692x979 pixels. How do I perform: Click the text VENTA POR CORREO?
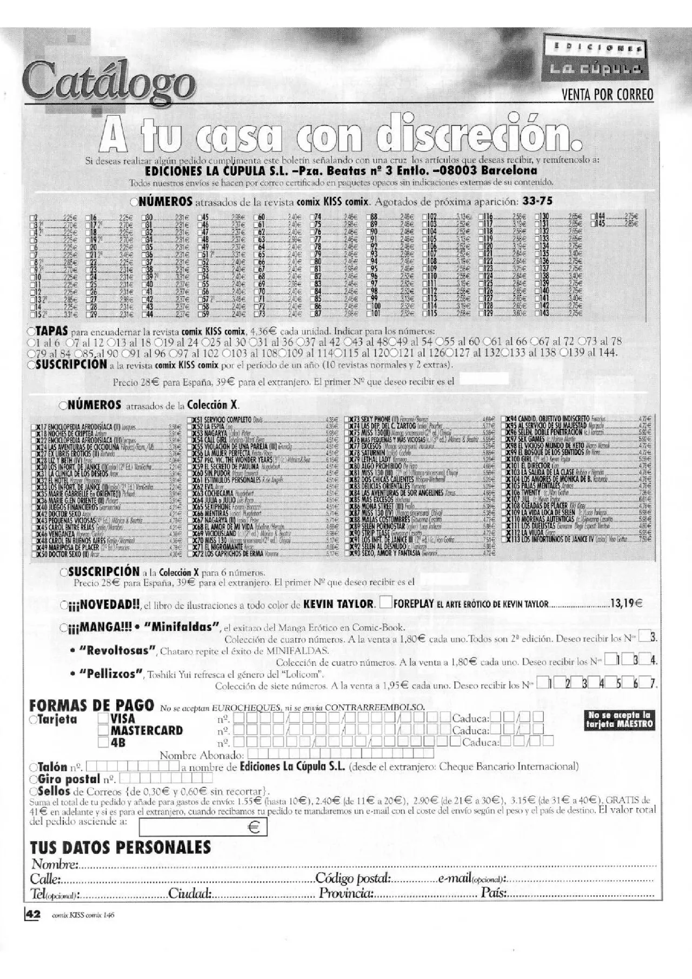[x=608, y=95]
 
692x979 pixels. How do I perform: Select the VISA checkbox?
[x=103, y=719]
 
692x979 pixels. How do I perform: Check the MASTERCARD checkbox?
[x=103, y=731]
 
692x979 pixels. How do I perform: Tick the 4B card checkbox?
[x=103, y=743]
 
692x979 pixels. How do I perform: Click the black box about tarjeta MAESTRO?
[x=621, y=719]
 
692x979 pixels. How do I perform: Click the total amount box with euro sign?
[x=203, y=827]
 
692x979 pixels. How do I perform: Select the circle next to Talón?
[x=34, y=767]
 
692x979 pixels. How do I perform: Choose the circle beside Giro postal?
[x=34, y=779]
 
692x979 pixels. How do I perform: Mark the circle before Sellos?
[x=34, y=792]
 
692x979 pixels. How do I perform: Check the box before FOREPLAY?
[x=386, y=604]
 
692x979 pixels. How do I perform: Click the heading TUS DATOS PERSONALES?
[x=120, y=846]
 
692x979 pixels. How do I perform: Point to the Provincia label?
[x=346, y=894]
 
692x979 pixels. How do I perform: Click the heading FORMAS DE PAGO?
[x=91, y=705]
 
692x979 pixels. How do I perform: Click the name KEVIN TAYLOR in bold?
[x=338, y=604]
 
